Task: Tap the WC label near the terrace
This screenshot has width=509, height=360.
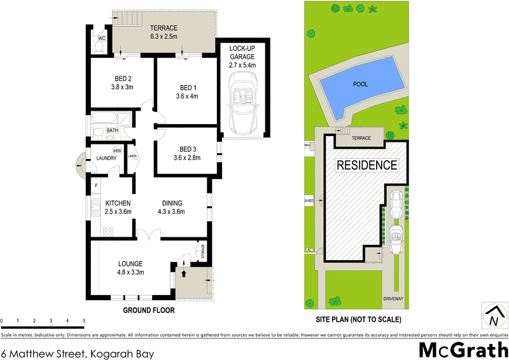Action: (x=101, y=38)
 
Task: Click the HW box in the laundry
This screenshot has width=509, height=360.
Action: (x=118, y=151)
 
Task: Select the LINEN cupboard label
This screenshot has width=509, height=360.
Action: (x=132, y=156)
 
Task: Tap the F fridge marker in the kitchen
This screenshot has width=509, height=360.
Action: (x=96, y=186)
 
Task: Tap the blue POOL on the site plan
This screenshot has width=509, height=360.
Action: (x=361, y=83)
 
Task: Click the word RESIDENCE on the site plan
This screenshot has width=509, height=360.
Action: (x=366, y=165)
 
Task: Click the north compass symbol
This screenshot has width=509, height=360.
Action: (x=494, y=316)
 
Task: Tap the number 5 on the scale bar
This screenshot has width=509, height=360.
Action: (x=83, y=321)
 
